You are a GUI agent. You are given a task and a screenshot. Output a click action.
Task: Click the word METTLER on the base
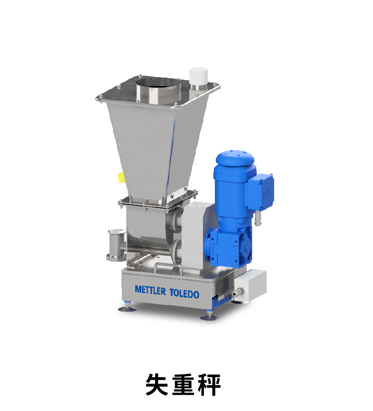(x=150, y=291)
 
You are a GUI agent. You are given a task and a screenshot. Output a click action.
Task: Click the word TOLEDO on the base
(x=185, y=294)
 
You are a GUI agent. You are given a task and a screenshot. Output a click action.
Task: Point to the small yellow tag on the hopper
(x=121, y=178)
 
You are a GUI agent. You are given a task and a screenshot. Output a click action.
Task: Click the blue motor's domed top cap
(x=235, y=159)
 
